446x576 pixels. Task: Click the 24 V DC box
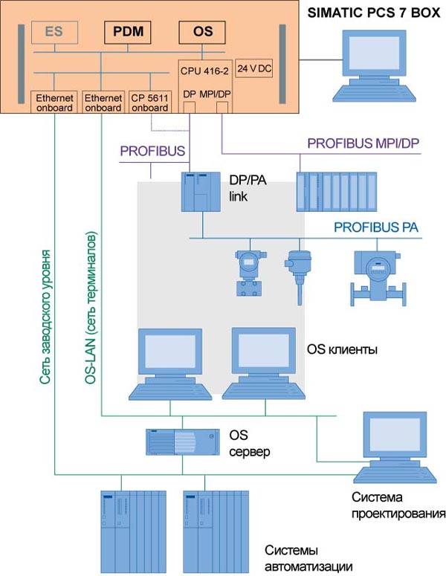point(253,68)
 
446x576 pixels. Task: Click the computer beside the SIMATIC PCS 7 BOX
point(369,65)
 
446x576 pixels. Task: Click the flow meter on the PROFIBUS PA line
point(377,276)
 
